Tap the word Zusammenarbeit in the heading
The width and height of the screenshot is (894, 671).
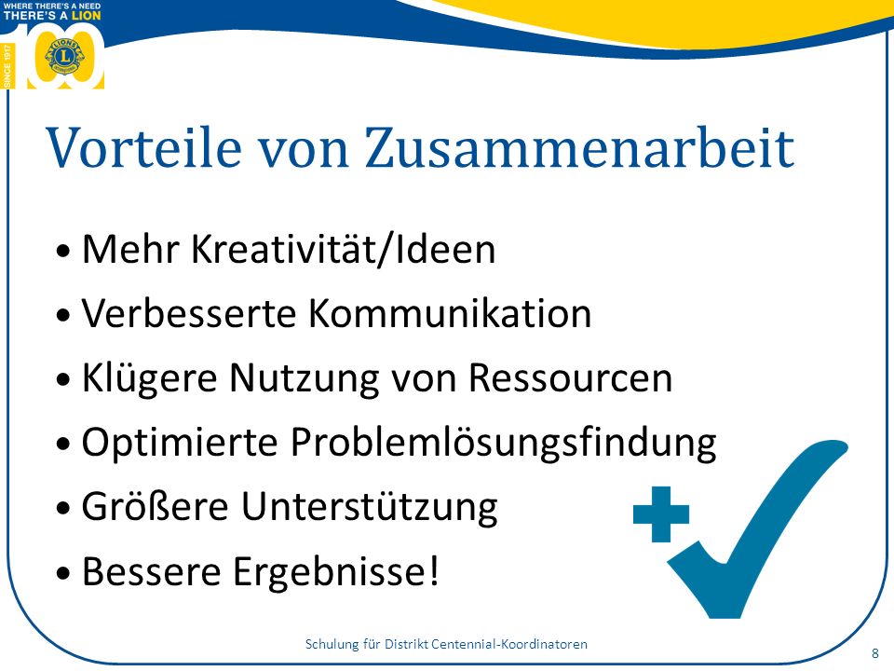click(579, 147)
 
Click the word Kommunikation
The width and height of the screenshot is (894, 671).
click(450, 313)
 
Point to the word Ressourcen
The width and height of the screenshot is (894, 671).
click(571, 377)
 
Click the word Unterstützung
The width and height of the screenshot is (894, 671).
click(370, 506)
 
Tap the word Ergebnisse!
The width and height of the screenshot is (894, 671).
click(336, 570)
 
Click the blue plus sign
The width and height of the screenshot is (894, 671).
click(661, 514)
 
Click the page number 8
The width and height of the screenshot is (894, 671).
click(875, 653)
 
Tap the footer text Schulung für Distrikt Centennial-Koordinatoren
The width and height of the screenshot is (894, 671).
click(446, 644)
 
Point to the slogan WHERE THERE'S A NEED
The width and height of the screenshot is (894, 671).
click(52, 6)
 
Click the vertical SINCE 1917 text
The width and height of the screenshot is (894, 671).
click(7, 66)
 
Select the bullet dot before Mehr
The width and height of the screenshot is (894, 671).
click(64, 251)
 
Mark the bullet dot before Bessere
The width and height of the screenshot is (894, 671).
click(64, 572)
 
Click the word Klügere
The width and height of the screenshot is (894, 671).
click(149, 377)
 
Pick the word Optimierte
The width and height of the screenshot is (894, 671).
click(180, 442)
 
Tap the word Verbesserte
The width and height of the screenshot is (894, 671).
click(189, 313)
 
